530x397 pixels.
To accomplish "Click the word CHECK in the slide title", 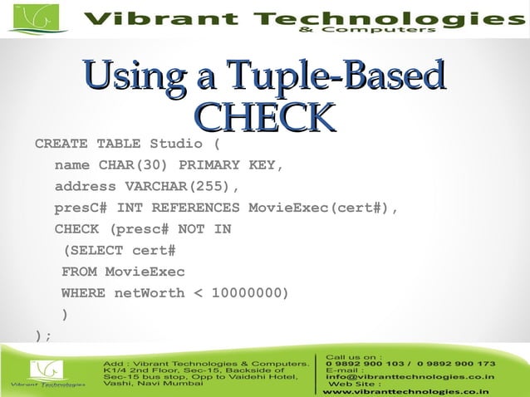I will [x=264, y=117].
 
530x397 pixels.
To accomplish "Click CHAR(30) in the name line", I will [x=135, y=165].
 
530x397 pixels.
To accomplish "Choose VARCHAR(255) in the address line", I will [x=181, y=186].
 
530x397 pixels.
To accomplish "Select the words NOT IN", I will [x=203, y=229].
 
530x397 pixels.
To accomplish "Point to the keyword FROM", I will [x=79, y=272].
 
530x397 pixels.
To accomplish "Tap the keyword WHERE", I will [x=83, y=293].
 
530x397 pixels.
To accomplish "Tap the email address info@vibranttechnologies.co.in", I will [x=410, y=376].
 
